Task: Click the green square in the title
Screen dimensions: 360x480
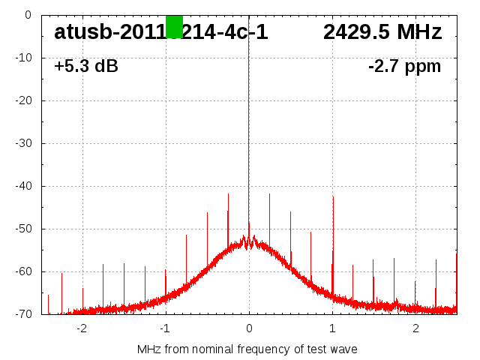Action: (x=174, y=26)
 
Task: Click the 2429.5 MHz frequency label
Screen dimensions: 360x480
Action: (x=382, y=32)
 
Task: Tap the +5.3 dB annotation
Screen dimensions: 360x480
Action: (x=85, y=67)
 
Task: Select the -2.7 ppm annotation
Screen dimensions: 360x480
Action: (x=404, y=67)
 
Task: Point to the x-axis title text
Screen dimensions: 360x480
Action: (x=247, y=349)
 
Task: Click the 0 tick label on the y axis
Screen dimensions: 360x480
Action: (x=27, y=15)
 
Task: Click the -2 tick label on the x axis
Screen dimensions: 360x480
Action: (x=82, y=328)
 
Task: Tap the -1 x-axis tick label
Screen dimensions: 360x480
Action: (x=165, y=328)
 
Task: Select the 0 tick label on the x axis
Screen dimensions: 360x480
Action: (x=249, y=328)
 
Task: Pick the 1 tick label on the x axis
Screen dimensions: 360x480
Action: (x=332, y=328)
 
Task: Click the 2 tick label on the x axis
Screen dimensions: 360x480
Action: (x=415, y=328)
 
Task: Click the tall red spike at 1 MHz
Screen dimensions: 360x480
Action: (x=333, y=225)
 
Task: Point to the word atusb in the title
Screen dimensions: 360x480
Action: (x=82, y=32)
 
